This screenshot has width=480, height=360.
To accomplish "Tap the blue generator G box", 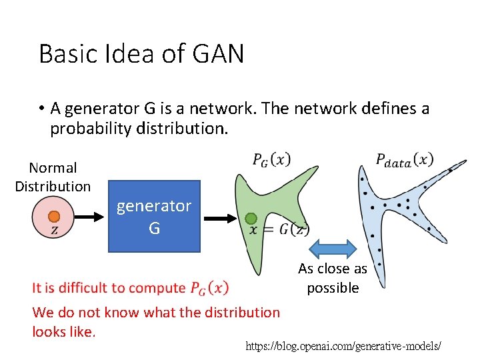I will tap(154, 216).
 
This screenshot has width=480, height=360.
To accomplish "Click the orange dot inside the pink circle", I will tap(54, 217).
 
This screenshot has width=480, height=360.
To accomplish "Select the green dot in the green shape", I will tap(251, 218).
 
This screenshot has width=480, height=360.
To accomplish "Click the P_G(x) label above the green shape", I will tap(271, 160).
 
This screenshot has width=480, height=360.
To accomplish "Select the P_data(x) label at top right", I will tap(405, 159).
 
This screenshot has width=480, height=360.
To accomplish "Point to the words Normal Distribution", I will tap(53, 177).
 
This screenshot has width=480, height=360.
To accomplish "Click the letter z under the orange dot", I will tap(54, 231).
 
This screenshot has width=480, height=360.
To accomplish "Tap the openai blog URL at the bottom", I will tap(343, 347).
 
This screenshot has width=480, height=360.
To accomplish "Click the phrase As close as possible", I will tap(333, 278).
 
